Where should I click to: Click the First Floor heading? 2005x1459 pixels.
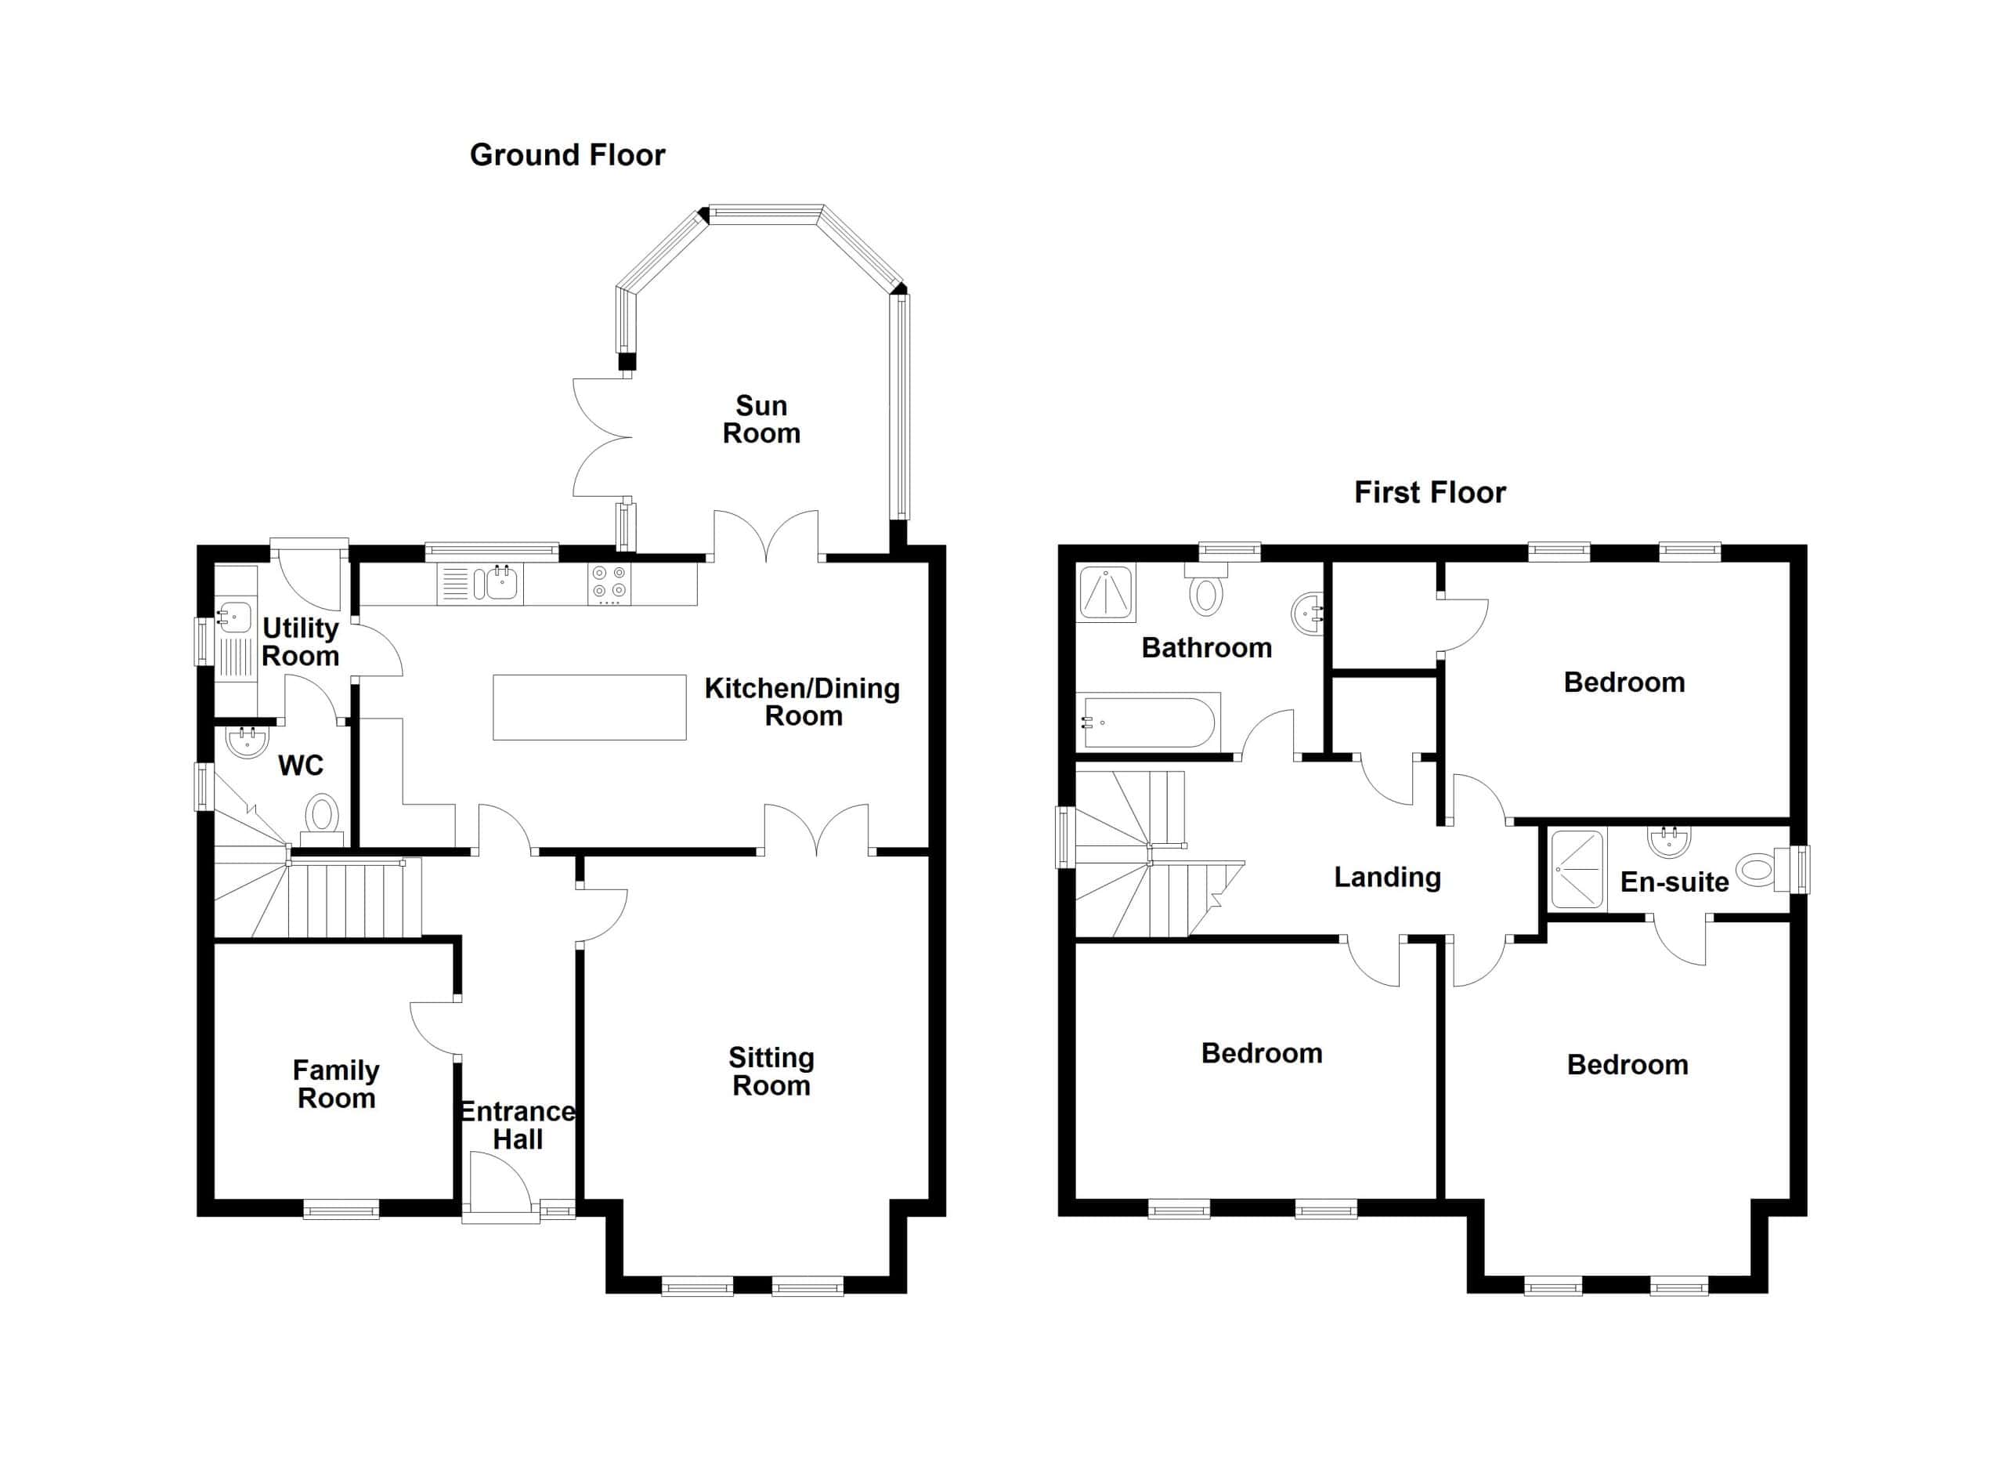pos(1429,493)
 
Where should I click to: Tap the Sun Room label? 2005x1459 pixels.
pos(761,419)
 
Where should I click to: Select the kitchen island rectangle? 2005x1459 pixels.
pos(590,707)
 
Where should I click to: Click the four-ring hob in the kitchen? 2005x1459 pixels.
pos(610,584)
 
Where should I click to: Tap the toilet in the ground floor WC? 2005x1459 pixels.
pos(323,814)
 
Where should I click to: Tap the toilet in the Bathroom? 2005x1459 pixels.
pos(1206,589)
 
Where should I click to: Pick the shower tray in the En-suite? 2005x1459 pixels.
pos(1578,869)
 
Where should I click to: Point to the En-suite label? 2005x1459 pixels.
pos(1674,882)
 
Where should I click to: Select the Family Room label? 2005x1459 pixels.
pos(336,1084)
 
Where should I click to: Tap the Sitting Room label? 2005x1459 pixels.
pos(771,1072)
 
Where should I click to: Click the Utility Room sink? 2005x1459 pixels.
pos(234,615)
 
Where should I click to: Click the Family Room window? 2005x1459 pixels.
pos(341,1209)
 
